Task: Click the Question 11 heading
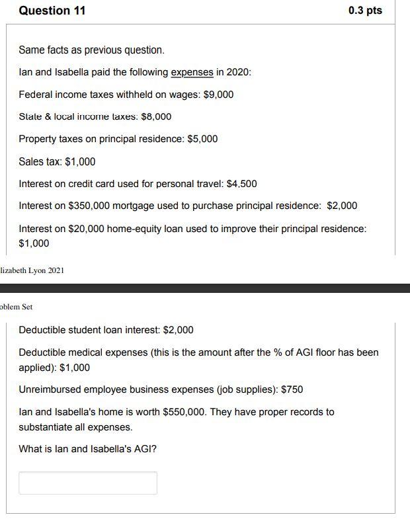[52, 11]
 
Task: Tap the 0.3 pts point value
[365, 11]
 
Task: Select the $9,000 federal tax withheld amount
[218, 95]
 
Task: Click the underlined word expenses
[192, 72]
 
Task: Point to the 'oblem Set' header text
[17, 307]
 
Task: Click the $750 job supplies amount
[292, 389]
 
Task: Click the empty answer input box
[88, 483]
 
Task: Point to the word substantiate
[46, 427]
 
